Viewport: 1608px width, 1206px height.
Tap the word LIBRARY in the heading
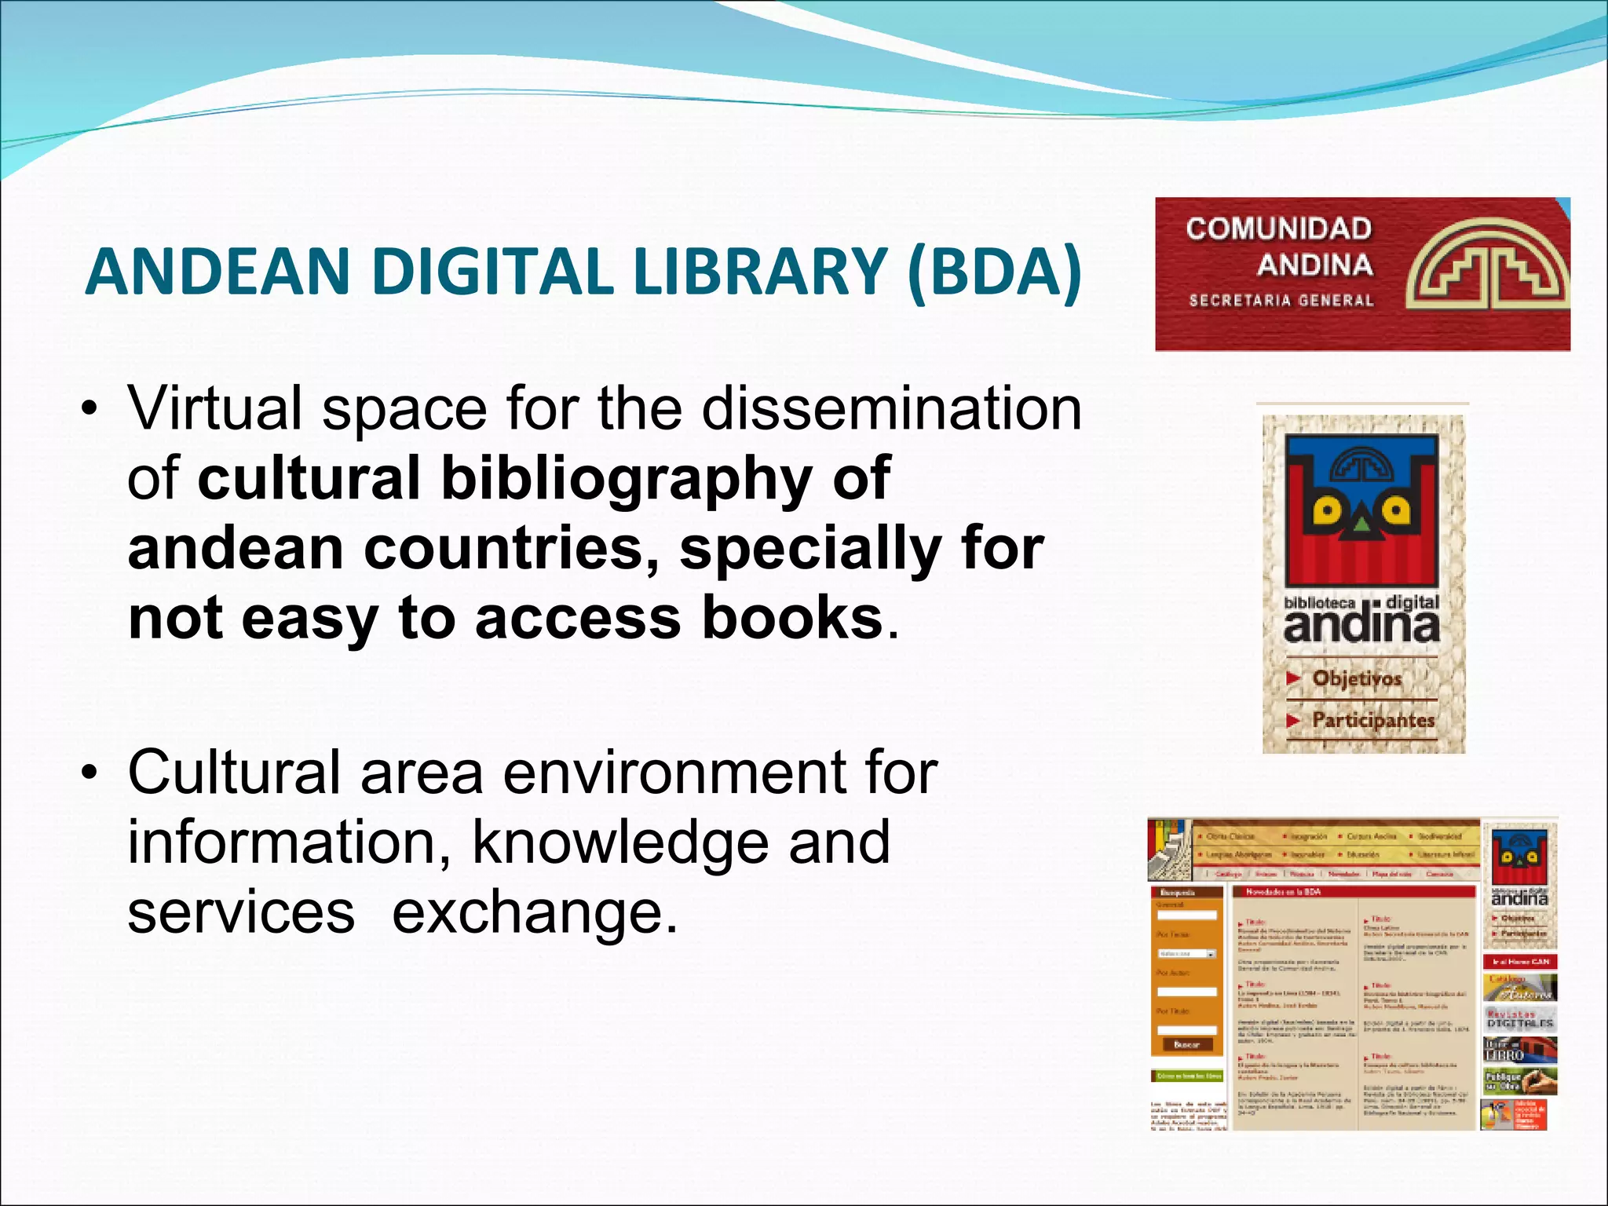pos(760,271)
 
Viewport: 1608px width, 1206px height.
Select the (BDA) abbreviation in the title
pos(993,271)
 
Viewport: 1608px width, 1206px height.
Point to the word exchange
pos(534,912)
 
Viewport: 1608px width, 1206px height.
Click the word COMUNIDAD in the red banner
pos(1278,228)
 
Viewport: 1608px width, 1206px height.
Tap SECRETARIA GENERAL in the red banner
pos(1281,300)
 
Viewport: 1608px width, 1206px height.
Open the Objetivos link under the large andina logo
pos(1356,678)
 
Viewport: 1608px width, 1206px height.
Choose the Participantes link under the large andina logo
pos(1372,720)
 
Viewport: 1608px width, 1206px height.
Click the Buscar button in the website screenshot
pos(1186,1044)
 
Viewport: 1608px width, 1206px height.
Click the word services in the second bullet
pos(241,912)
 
